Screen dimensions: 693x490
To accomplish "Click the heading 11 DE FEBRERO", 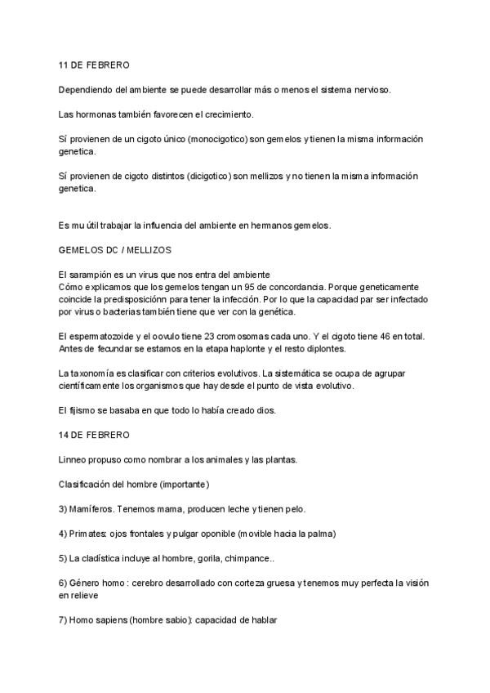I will (94, 65).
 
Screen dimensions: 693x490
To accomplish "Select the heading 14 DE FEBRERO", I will (94, 435).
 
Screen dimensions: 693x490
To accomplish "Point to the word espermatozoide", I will (109, 336).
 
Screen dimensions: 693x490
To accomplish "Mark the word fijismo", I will (87, 410).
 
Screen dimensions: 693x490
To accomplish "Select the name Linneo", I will (75, 459).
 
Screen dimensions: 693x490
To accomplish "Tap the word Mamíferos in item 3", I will (92, 509).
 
